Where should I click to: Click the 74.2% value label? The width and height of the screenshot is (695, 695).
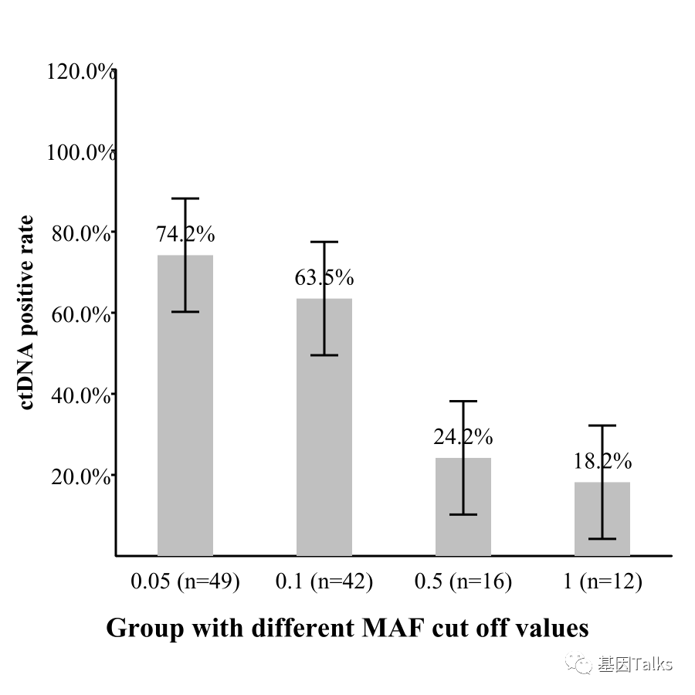point(185,234)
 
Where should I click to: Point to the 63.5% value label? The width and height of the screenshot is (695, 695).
point(324,277)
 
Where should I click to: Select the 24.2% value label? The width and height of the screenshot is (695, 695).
point(463,437)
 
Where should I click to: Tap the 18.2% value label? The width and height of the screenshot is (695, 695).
point(602,462)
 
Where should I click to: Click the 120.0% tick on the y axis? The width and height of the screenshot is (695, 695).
point(80,72)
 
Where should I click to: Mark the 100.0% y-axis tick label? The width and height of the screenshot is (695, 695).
point(80,152)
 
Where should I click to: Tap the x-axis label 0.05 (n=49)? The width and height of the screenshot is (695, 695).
point(185,581)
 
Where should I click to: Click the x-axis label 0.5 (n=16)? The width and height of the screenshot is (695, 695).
point(463,581)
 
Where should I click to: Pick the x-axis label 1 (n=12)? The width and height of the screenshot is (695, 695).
point(602,581)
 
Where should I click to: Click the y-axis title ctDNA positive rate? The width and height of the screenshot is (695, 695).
point(28,313)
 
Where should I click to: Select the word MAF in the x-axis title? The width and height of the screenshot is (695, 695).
point(393,628)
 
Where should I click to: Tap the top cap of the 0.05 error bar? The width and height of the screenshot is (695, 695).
point(185,198)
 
